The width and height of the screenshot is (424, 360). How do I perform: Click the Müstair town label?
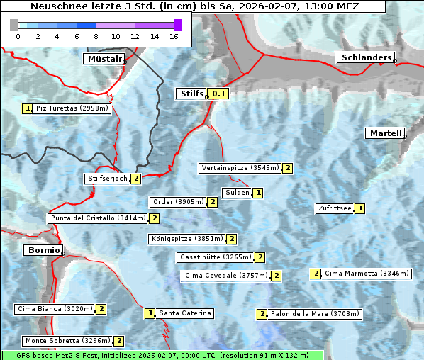point(104,59)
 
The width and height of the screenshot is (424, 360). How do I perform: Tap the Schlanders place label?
point(365,57)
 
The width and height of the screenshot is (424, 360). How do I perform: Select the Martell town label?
point(385,133)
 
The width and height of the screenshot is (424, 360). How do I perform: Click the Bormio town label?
point(42,250)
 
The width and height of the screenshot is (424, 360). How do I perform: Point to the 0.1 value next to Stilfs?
point(219,94)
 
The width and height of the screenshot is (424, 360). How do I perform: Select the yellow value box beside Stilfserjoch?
point(135,179)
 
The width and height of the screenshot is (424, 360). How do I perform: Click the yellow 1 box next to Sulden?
point(258,193)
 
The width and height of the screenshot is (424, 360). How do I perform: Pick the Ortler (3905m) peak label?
point(178,202)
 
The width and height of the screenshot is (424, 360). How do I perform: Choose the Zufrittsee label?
point(335,208)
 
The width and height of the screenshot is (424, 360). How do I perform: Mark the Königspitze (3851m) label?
point(186,239)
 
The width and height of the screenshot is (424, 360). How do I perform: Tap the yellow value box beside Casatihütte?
point(260,257)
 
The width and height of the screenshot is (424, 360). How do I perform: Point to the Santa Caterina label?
point(184,313)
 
